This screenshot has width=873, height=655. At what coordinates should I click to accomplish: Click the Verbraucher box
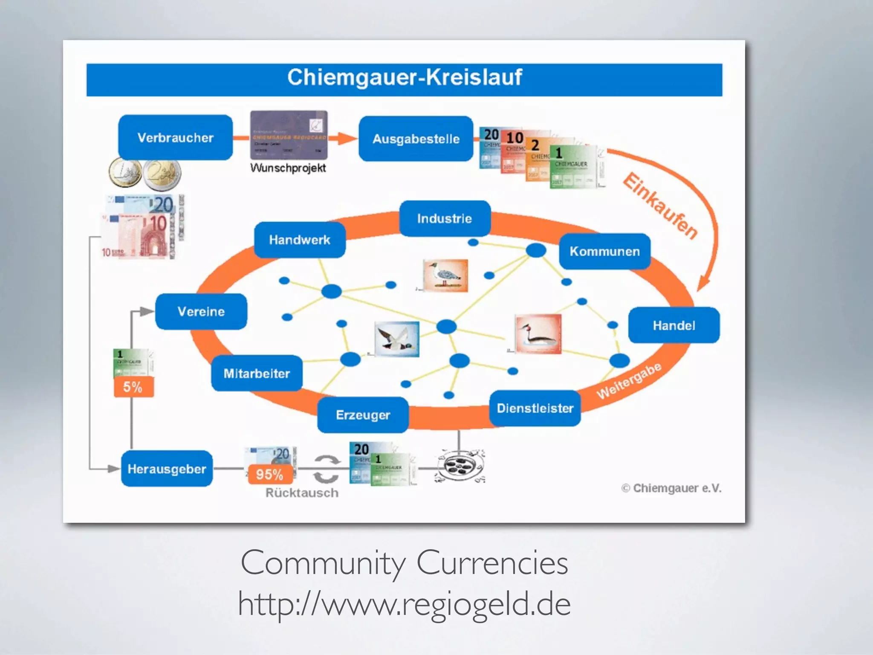click(176, 138)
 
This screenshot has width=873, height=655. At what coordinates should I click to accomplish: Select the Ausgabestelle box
click(416, 139)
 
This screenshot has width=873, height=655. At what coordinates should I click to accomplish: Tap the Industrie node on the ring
click(445, 219)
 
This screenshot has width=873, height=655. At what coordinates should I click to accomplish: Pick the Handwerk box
click(300, 240)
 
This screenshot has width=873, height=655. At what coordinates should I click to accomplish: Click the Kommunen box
click(604, 252)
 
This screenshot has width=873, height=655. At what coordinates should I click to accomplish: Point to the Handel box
click(674, 326)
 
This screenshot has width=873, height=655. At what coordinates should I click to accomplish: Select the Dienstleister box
click(535, 409)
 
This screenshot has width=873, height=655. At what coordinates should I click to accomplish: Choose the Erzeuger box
click(363, 415)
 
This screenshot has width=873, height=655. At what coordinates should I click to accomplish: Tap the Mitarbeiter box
click(257, 374)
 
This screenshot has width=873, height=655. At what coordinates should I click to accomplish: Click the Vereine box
click(201, 312)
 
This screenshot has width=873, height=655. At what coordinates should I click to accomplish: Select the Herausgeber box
click(167, 469)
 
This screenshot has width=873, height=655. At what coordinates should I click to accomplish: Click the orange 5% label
click(133, 387)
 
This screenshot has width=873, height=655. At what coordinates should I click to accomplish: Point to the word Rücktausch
click(302, 493)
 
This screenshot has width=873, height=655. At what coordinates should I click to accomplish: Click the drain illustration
click(460, 466)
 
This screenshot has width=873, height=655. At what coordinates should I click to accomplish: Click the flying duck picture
click(397, 339)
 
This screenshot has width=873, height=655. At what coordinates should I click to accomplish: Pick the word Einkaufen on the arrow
click(660, 206)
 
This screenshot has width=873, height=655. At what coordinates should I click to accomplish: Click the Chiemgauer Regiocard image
click(289, 135)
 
